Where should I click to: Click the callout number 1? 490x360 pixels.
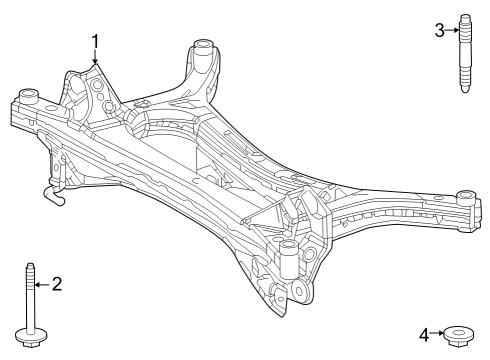[x=96, y=41]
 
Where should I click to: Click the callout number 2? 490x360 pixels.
[x=56, y=285]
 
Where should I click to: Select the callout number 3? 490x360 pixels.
[x=439, y=30]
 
